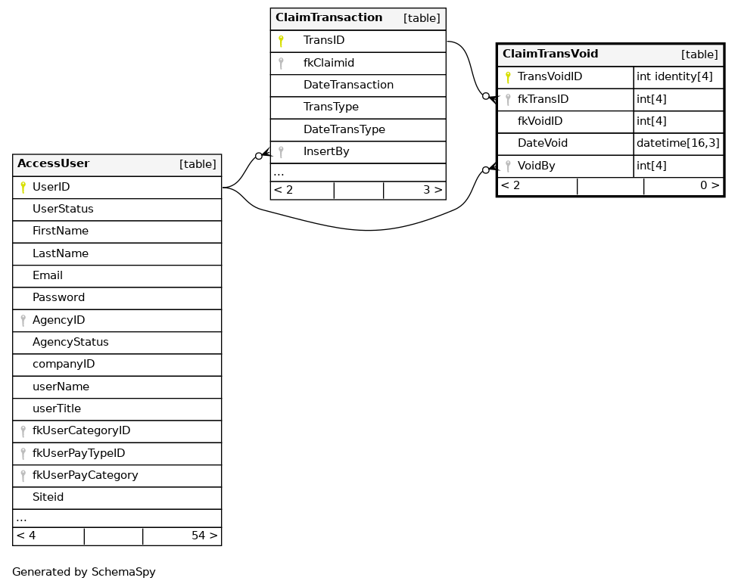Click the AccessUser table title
pos(54,164)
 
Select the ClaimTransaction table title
pos(329,18)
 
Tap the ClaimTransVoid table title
pos(550,54)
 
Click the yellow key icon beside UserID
pos(23,187)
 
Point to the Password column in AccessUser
pos(58,298)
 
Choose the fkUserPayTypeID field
pos(79,453)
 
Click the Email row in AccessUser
pos(48,276)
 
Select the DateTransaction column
pos(348,85)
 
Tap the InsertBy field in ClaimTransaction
pos(326,152)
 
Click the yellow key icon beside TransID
pos(281,41)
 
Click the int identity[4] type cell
pos(674,77)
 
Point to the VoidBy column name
pos(536,166)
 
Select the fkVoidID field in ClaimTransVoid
pos(540,122)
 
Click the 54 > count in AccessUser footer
pos(204,536)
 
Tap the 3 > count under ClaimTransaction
pos(432,191)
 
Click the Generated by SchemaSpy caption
pos(84,573)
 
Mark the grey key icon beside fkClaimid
pos(281,64)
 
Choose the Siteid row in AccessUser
pos(48,498)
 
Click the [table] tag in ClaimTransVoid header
pos(699,54)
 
